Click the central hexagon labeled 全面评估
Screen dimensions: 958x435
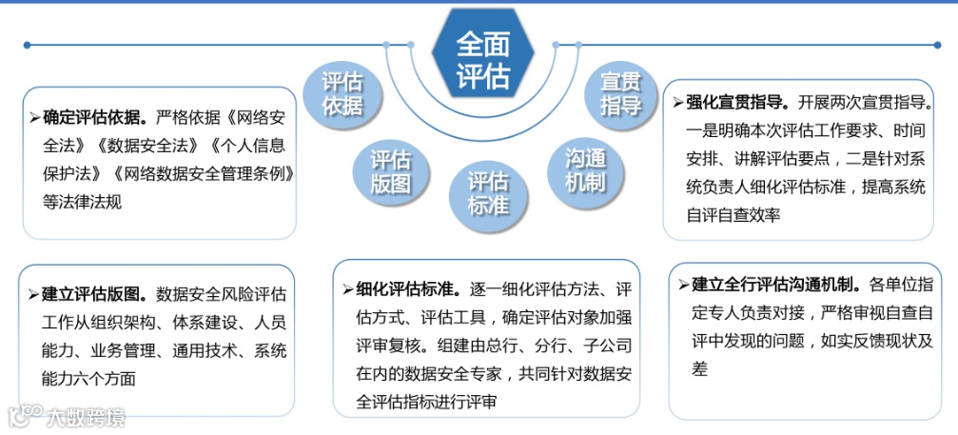(482, 59)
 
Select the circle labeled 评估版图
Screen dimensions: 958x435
(390, 170)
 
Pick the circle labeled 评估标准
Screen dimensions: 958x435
(488, 192)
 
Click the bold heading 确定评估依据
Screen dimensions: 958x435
(93, 118)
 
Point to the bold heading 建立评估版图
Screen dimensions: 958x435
(93, 294)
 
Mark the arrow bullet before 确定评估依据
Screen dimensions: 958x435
(35, 118)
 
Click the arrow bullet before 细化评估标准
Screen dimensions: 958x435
(349, 289)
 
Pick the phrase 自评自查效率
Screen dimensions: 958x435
(733, 215)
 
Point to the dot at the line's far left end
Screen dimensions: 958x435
(28, 45)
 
